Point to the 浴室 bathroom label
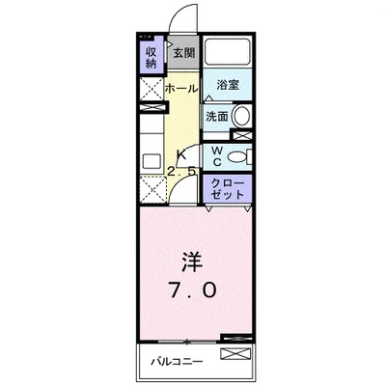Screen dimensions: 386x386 tap(228, 85)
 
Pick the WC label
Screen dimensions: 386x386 tap(217, 156)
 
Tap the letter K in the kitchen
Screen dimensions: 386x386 tap(179, 153)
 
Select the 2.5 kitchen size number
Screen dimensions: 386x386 tap(182, 172)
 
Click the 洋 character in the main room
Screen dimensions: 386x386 tap(190, 261)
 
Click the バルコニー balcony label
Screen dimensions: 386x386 tap(175, 364)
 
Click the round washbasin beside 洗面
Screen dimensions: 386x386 tap(241, 117)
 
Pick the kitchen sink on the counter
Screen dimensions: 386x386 tap(151, 162)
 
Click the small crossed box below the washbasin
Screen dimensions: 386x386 tap(243, 136)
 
